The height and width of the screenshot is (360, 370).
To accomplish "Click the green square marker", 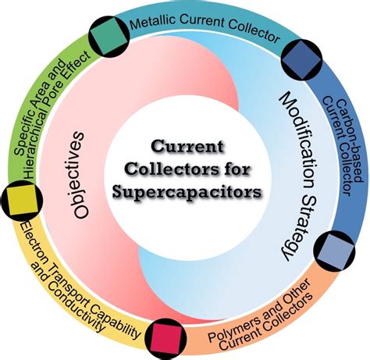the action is coord(109,36).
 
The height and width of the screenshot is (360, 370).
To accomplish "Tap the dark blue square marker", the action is coord(301,59).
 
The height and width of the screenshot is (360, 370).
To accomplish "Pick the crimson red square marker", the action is coord(166,339).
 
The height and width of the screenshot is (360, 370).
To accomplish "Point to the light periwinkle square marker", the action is coord(334,251).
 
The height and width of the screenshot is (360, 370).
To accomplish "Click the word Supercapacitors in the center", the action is coord(187,193).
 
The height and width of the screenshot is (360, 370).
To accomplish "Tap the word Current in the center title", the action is coord(187,147).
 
